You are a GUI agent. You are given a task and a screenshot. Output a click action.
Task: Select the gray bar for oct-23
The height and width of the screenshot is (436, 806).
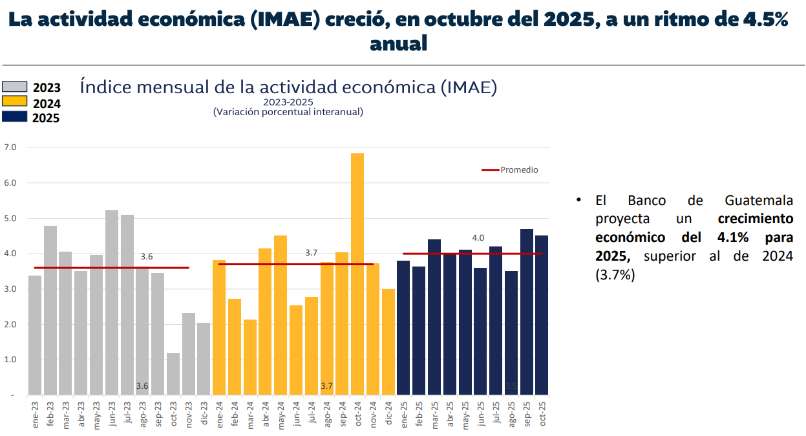point(173,374)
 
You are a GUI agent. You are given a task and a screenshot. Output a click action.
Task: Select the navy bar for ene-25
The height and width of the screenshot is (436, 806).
point(403,327)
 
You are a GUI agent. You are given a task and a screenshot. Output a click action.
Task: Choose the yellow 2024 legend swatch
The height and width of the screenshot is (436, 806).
point(14,102)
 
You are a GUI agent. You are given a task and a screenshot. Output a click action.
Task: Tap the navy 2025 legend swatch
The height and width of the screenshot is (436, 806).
point(14,116)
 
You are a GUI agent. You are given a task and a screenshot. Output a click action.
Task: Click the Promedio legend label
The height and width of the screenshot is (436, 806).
point(519,170)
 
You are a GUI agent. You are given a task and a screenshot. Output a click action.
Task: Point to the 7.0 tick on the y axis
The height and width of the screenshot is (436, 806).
point(10,147)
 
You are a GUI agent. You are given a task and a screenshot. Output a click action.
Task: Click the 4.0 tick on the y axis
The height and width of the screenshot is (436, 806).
point(10,254)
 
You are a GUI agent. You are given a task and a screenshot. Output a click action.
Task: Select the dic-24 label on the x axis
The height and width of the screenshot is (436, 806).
point(389,414)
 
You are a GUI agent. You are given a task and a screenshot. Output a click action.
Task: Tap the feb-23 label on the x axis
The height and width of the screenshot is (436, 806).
point(50,414)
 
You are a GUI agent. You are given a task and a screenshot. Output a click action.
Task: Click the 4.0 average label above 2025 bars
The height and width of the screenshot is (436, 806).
point(478,238)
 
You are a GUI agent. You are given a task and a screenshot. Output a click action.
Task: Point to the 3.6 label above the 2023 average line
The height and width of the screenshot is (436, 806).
point(147,257)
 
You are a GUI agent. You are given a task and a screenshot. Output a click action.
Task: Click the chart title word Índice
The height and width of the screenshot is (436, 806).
point(104,87)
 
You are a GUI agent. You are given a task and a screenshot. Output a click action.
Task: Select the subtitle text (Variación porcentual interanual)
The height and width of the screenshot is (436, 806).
point(288,112)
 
